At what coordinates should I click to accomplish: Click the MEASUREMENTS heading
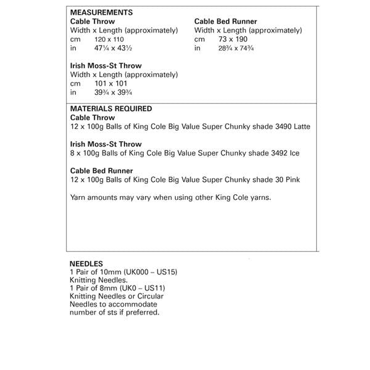[x=101, y=12]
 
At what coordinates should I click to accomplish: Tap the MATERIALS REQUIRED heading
[x=111, y=109]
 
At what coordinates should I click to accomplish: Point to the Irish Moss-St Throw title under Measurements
[x=106, y=66]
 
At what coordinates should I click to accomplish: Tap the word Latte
[x=300, y=126]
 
